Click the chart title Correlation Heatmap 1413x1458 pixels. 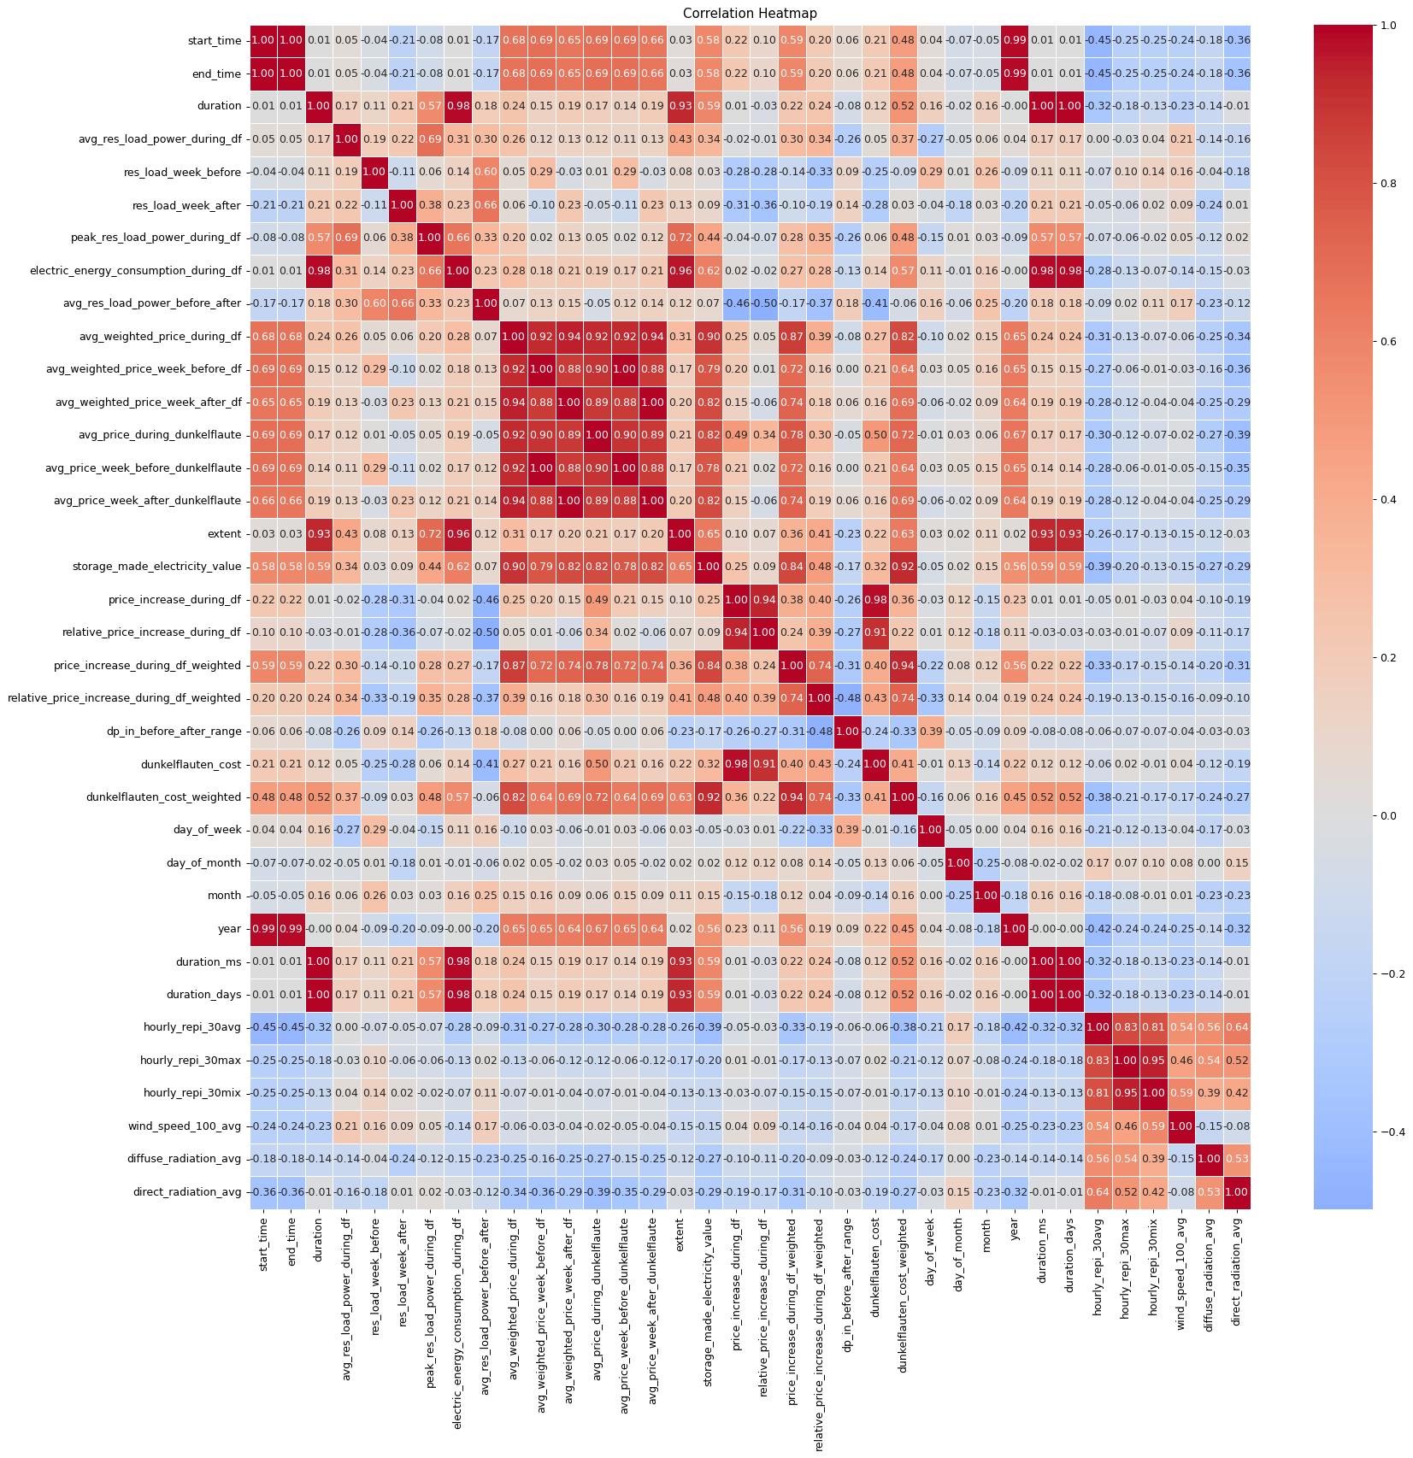750,14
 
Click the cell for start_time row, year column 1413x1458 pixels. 1015,40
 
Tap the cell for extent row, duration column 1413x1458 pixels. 318,533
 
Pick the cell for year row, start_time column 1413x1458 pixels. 263,928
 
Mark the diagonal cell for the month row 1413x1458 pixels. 986,896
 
